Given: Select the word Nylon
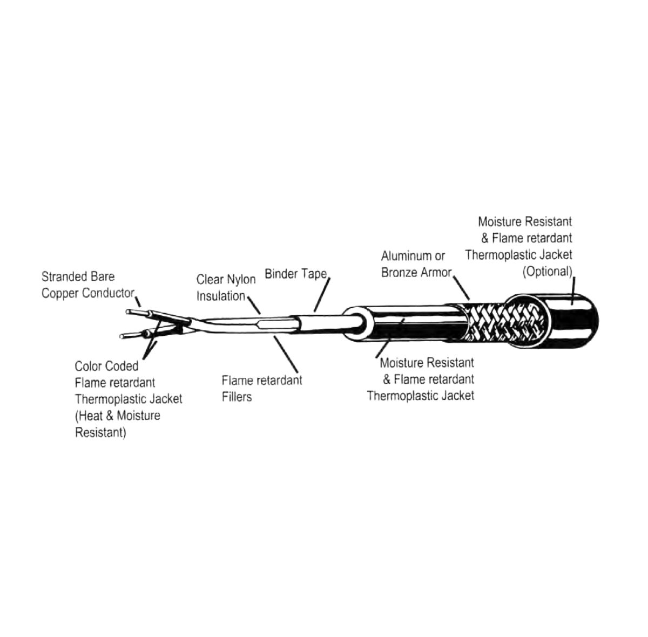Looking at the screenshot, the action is pyautogui.click(x=240, y=280).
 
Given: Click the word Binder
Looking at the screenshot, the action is pyautogui.click(x=281, y=274).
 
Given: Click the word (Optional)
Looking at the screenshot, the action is pyautogui.click(x=547, y=272).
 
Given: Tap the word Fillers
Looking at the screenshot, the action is pyautogui.click(x=237, y=397).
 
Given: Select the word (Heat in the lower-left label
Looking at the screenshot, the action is pyautogui.click(x=89, y=416).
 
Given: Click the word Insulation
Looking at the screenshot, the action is pyautogui.click(x=221, y=296).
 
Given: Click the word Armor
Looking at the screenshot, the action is pyautogui.click(x=436, y=273).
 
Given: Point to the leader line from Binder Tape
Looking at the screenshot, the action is pyautogui.click(x=322, y=295).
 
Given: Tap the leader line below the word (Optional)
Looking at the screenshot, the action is pyautogui.click(x=573, y=292).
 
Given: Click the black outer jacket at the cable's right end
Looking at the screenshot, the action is pyautogui.click(x=572, y=322).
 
